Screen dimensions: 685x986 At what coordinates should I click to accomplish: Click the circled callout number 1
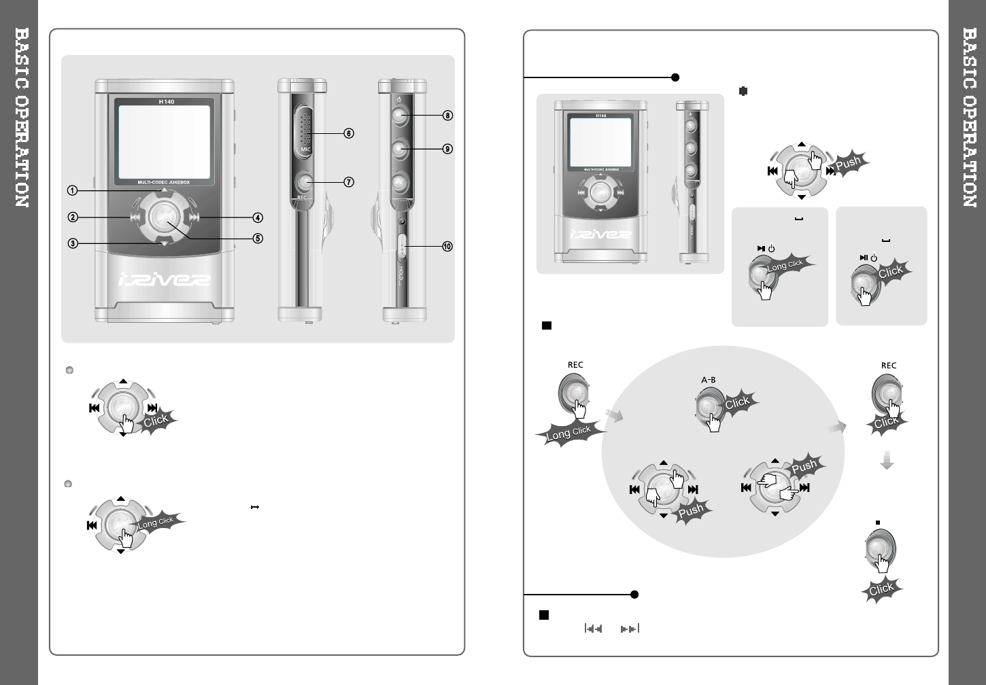72,190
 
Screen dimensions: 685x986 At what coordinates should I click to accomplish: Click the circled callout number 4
258,218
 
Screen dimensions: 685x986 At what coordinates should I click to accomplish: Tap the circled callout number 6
348,134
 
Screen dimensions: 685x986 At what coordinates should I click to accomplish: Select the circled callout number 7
348,182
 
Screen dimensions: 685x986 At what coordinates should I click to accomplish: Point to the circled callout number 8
447,116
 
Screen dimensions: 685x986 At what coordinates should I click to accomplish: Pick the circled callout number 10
447,247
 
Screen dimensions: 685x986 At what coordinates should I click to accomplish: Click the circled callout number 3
72,243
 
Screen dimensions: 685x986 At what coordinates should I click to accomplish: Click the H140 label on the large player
166,102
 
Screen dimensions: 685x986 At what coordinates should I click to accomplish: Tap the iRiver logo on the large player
164,280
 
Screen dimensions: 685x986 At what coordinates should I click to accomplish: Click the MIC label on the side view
305,150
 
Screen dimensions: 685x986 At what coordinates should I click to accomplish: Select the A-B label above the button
708,381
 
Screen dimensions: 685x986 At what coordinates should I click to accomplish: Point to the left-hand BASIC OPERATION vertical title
22,118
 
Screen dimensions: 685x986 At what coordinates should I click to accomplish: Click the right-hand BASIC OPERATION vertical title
969,118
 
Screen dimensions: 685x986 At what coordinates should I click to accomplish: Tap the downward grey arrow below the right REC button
886,461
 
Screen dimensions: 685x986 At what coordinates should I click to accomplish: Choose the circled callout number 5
258,239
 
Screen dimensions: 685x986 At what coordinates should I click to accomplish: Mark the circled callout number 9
447,149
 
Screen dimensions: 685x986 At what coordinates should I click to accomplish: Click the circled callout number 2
72,217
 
